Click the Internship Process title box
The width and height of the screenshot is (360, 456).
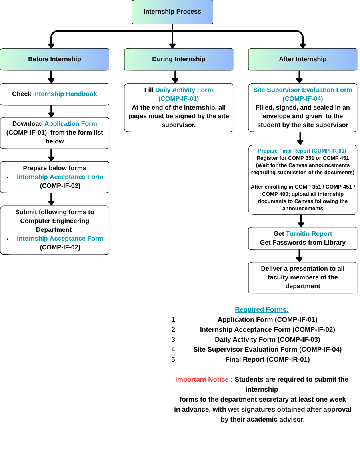click(172, 12)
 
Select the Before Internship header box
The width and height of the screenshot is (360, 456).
click(55, 59)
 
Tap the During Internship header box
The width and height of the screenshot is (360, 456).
click(179, 59)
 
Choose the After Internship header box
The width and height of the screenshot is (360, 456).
click(303, 59)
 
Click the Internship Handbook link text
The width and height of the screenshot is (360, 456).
click(65, 94)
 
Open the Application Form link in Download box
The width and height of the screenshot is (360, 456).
click(71, 123)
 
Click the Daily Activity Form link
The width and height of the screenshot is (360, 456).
click(184, 90)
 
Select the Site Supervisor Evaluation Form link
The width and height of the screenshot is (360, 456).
click(303, 90)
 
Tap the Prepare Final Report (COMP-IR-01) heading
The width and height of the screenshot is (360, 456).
click(302, 151)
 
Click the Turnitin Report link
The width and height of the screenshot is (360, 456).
click(309, 233)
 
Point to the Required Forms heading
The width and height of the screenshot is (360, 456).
click(262, 309)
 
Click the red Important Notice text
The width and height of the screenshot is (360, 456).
click(204, 379)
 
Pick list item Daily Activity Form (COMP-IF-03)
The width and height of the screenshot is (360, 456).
click(268, 339)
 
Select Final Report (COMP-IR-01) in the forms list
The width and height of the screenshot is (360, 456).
click(268, 359)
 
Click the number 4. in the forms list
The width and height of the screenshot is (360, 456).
click(174, 349)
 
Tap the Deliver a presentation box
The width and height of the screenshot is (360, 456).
click(303, 277)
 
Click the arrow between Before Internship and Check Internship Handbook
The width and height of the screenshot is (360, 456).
click(51, 77)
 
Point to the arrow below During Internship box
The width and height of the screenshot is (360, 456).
click(175, 77)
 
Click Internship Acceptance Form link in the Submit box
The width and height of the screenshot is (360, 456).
click(60, 239)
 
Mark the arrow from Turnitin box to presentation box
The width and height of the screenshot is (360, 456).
click(300, 256)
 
